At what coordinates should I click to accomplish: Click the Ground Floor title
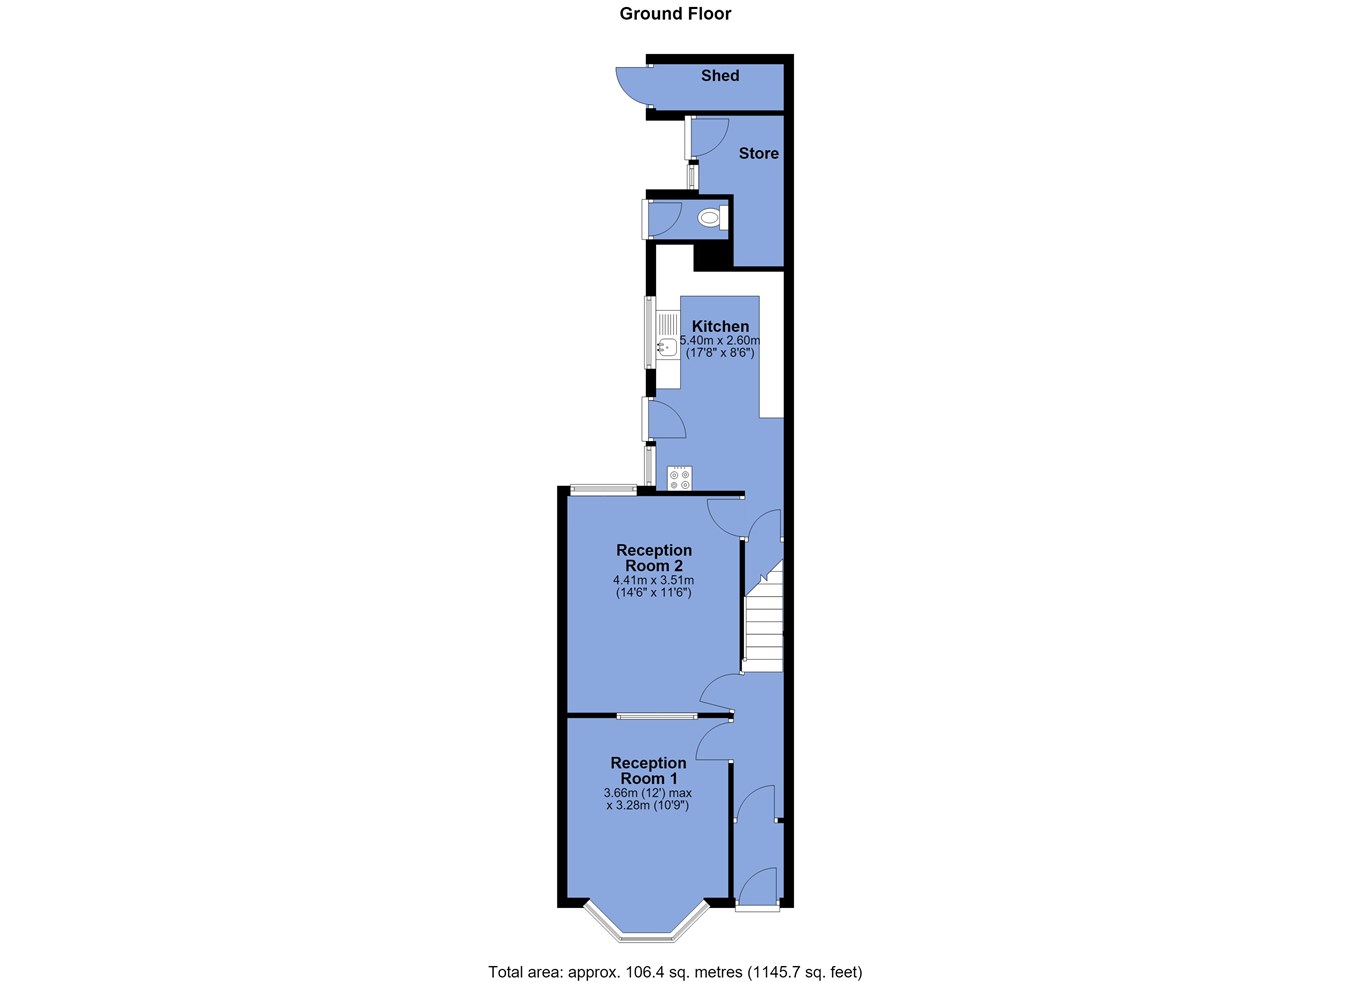[x=675, y=14]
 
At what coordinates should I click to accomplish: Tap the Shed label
[x=720, y=75]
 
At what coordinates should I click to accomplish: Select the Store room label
[x=759, y=153]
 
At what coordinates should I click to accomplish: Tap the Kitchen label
[x=720, y=326]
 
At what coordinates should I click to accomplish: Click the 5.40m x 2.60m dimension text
[x=720, y=340]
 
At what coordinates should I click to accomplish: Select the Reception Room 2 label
[x=654, y=558]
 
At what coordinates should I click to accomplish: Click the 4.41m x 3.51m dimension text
[x=653, y=580]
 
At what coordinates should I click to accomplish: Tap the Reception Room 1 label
[x=648, y=770]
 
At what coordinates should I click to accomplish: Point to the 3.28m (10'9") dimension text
[x=647, y=805]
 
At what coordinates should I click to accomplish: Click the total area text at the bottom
[x=675, y=972]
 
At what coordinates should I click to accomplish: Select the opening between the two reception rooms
[x=657, y=716]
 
